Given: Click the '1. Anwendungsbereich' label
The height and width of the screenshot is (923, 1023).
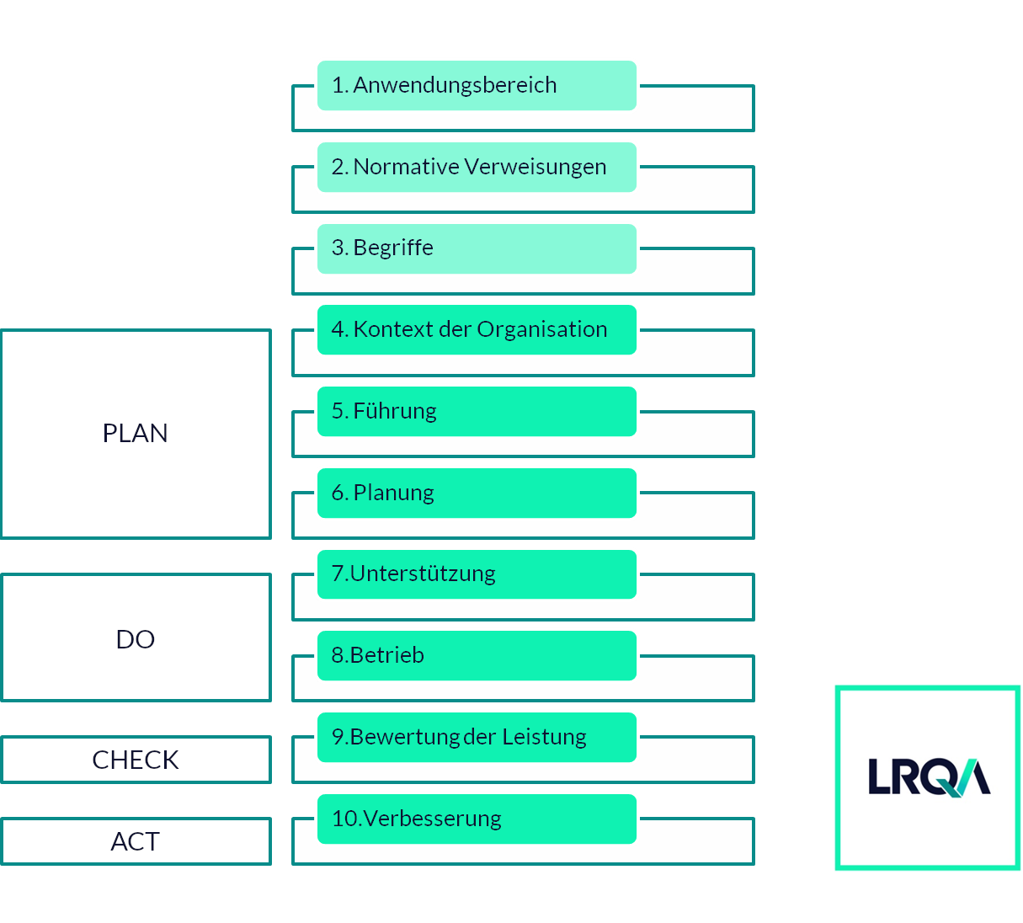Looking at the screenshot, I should [x=444, y=85].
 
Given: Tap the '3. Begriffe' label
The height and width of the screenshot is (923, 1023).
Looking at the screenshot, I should [x=382, y=248].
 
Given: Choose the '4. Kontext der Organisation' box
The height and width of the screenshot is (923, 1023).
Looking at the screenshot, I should [x=477, y=329].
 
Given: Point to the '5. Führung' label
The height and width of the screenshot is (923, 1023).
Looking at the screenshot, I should [x=384, y=411].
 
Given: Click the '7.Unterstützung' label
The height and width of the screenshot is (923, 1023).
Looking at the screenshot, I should [x=413, y=574].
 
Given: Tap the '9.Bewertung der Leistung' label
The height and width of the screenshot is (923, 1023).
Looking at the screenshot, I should [x=459, y=737].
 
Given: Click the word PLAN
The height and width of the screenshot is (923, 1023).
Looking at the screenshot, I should [x=136, y=433].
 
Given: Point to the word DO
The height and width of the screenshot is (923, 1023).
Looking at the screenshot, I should [x=136, y=639].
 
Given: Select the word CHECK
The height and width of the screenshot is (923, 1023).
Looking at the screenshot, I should [x=136, y=760].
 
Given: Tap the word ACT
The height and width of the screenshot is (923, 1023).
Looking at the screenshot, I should [x=136, y=841].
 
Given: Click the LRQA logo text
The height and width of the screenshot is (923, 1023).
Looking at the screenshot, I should [x=929, y=777].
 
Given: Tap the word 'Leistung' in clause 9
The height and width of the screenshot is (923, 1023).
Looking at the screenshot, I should [x=544, y=737].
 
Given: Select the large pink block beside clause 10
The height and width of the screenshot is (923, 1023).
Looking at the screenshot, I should [x=794, y=831].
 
